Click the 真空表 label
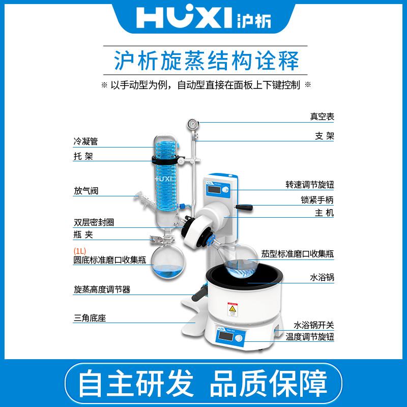point(322,117)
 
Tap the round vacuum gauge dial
point(193,124)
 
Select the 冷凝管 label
point(85,141)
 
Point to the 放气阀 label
point(86,191)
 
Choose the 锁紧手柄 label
point(317,200)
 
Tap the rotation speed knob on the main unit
point(226,190)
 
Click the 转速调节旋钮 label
point(310,185)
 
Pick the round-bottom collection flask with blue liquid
point(168,263)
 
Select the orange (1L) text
point(80,251)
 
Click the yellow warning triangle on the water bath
point(232,309)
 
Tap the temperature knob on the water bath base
point(238,338)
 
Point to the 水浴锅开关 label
point(313,325)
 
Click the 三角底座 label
point(90,318)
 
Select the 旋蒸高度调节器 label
point(102,289)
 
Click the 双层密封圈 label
point(94,222)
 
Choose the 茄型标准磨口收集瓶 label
point(298,254)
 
